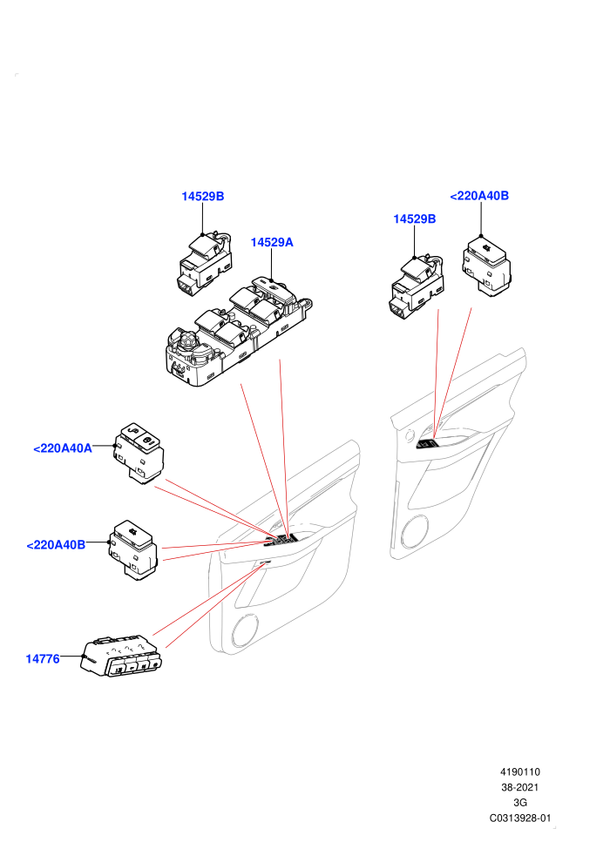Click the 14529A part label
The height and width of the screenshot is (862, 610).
[x=272, y=242]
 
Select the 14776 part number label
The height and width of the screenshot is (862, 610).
[x=43, y=658]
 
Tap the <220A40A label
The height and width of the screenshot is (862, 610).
[x=63, y=448]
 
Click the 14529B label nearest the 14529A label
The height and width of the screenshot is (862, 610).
[x=203, y=196]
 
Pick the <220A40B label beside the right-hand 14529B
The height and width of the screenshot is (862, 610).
[x=479, y=196]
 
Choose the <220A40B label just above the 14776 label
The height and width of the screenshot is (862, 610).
[x=56, y=545]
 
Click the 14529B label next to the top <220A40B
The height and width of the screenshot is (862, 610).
[x=414, y=219]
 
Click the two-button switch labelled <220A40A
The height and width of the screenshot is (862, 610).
[x=139, y=453]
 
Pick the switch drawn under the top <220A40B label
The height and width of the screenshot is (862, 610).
[x=486, y=266]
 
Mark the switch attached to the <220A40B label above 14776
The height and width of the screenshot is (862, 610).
[x=133, y=549]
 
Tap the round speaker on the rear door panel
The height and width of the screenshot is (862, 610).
[x=414, y=532]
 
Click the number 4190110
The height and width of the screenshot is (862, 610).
[x=519, y=771]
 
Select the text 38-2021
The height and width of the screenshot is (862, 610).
[x=519, y=787]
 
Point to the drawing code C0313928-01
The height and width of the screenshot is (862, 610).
[x=519, y=818]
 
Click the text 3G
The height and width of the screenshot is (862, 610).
[x=519, y=803]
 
